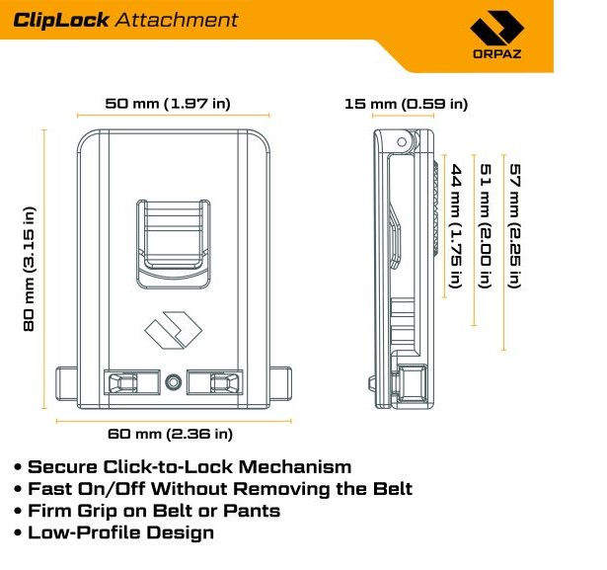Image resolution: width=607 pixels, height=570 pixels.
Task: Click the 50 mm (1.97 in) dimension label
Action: [x=174, y=103]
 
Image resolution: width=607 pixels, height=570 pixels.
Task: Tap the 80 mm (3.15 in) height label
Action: [x=30, y=268]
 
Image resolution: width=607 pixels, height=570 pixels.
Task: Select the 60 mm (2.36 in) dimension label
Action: [x=173, y=433]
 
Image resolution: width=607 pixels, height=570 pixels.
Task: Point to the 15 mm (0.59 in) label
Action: [x=406, y=104]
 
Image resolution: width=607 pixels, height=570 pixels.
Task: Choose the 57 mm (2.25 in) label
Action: [x=513, y=225]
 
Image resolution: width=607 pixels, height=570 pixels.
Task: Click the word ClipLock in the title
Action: [x=61, y=20]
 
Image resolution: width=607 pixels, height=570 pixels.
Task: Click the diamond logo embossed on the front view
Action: [x=173, y=332]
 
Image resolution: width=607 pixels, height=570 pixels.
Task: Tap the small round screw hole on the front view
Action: [x=174, y=380]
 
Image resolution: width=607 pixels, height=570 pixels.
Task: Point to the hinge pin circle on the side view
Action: [x=402, y=144]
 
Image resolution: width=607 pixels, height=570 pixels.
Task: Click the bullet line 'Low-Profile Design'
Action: [x=119, y=532]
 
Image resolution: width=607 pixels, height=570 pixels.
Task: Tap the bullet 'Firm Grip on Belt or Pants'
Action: [x=153, y=511]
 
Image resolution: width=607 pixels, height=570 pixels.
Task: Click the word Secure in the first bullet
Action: [x=63, y=467]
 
